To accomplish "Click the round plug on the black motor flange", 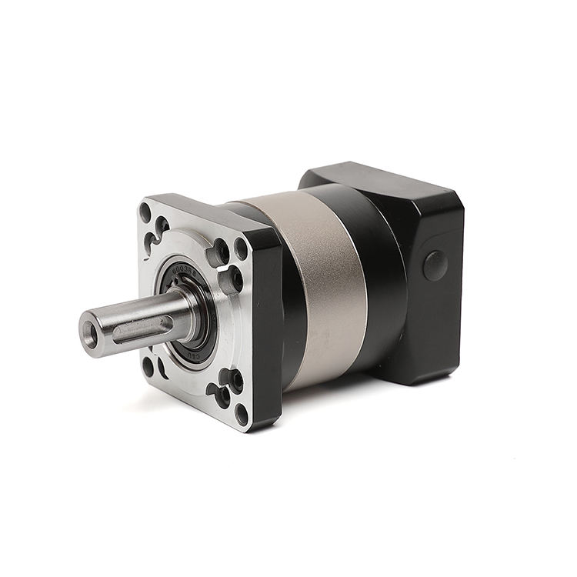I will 435,265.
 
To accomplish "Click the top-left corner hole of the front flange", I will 145,212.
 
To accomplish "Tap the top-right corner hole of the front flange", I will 241,248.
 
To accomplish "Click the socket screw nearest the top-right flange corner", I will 222,251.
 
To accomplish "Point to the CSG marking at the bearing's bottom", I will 192,355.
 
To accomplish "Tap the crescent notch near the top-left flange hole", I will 162,225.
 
